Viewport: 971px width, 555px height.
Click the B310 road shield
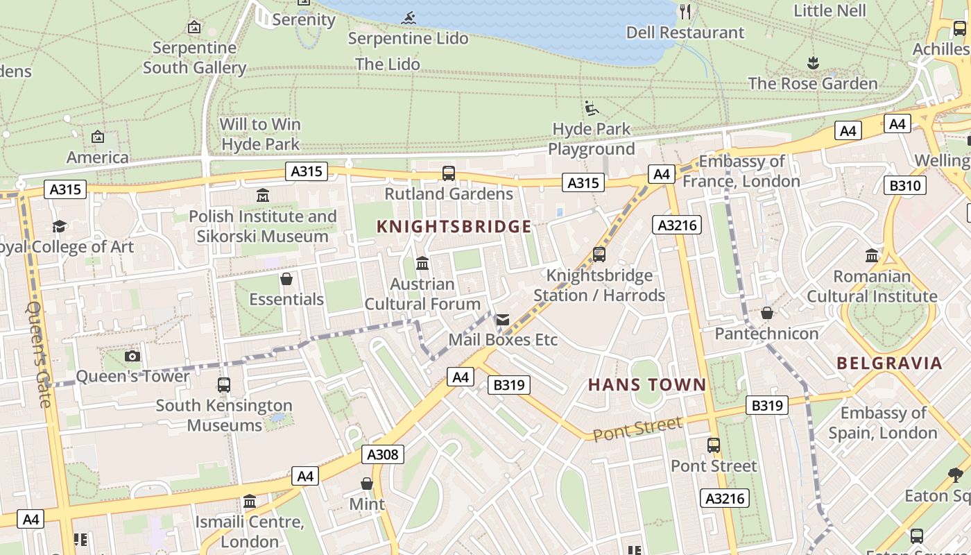click(905, 185)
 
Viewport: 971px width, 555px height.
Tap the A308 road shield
click(382, 454)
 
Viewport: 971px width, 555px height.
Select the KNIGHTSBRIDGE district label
click(454, 226)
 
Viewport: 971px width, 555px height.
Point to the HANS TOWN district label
click(647, 384)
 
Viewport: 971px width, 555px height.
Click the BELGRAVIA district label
click(889, 363)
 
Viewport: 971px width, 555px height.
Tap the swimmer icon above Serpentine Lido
click(408, 18)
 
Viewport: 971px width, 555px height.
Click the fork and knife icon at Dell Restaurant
click(685, 11)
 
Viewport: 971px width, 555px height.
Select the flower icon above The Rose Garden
click(813, 63)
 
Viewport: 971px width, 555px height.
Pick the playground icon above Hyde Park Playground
click(591, 108)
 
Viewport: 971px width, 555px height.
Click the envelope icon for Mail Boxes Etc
click(502, 320)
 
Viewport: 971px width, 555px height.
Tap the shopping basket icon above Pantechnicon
click(766, 313)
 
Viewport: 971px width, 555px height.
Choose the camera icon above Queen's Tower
click(132, 356)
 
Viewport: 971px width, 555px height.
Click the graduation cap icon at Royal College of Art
click(59, 226)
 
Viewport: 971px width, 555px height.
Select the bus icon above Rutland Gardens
click(449, 173)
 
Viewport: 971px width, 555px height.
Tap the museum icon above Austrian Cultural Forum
click(422, 264)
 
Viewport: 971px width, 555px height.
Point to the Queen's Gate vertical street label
click(39, 354)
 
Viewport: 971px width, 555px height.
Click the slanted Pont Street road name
click(637, 428)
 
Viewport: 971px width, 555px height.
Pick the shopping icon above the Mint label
click(366, 484)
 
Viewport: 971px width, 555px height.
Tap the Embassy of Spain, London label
click(883, 423)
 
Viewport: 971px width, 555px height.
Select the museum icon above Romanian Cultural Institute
click(872, 255)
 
